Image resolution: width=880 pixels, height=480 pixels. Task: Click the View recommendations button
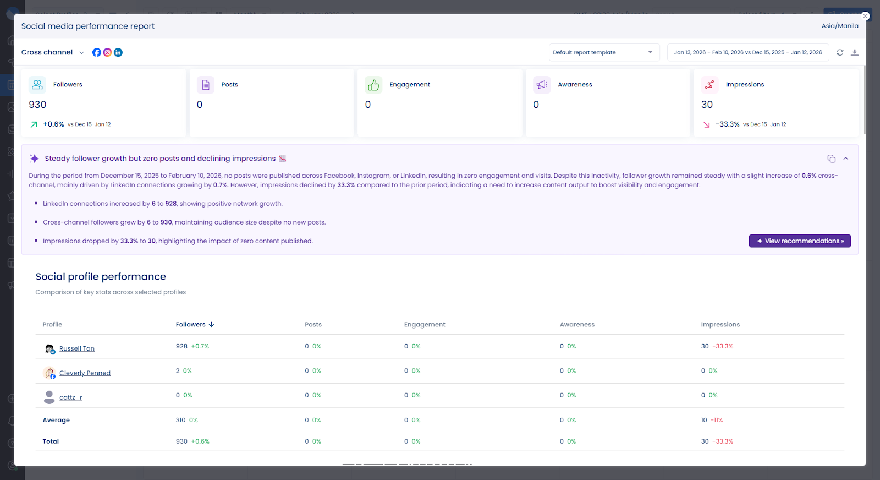click(799, 241)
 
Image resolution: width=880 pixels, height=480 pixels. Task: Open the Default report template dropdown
click(603, 52)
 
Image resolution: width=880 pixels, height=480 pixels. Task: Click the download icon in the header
click(854, 52)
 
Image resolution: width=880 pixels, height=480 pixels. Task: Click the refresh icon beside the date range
click(840, 52)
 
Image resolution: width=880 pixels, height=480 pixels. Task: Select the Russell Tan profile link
click(76, 348)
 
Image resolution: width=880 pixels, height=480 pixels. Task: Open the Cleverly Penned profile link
click(85, 373)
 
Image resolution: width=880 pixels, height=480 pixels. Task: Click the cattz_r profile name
click(70, 397)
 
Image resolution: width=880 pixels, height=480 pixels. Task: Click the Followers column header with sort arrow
click(195, 325)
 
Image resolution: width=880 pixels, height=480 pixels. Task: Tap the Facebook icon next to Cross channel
click(97, 52)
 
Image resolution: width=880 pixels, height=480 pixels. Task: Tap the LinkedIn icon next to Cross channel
click(118, 52)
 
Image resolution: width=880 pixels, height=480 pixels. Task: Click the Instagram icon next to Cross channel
click(107, 52)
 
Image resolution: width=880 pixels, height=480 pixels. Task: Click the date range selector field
click(747, 52)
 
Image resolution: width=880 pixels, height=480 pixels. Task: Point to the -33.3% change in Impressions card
click(727, 124)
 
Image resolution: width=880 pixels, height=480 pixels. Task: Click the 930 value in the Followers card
click(37, 105)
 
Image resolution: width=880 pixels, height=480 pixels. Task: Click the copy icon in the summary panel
click(831, 159)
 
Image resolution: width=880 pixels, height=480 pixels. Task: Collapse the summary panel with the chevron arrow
click(846, 159)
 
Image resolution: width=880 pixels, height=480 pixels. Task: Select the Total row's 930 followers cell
click(182, 441)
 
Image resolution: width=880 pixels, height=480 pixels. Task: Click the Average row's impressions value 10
click(704, 420)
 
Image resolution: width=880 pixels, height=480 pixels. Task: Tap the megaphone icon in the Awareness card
click(542, 85)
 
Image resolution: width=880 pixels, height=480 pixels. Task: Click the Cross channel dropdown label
click(47, 52)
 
